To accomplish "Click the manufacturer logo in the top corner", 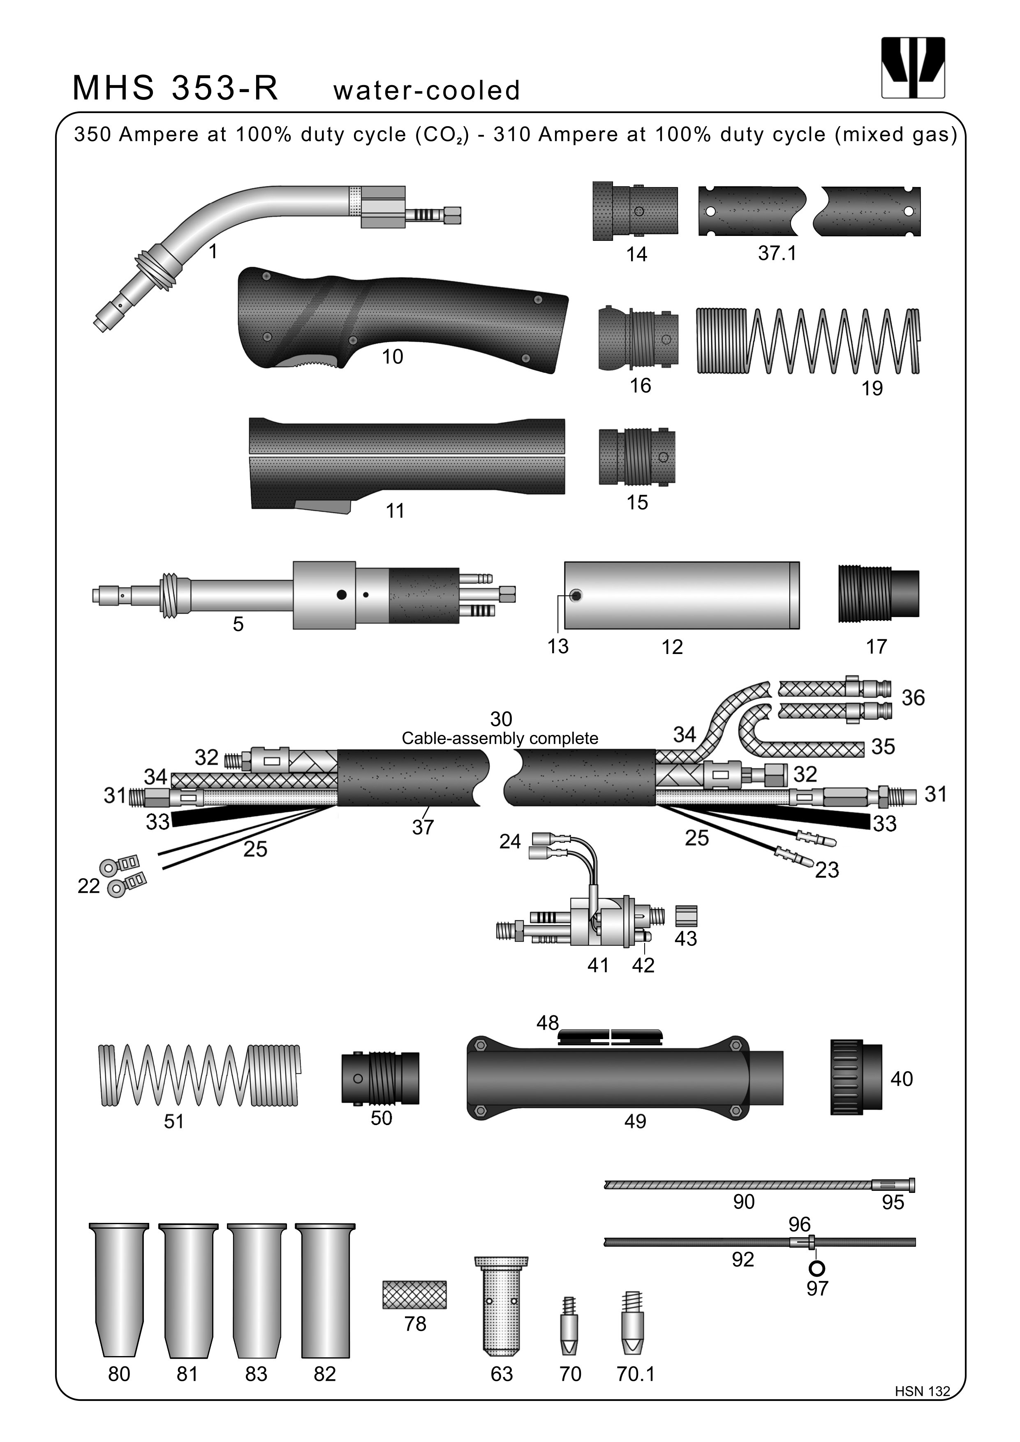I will pos(913,67).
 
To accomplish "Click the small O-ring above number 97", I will pos(817,1267).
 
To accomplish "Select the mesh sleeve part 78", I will pos(414,1294).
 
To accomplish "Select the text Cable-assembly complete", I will pos(500,739).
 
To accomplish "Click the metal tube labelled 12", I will pos(682,595).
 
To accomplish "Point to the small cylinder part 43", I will pos(686,916).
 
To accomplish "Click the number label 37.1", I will pos(777,253).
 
